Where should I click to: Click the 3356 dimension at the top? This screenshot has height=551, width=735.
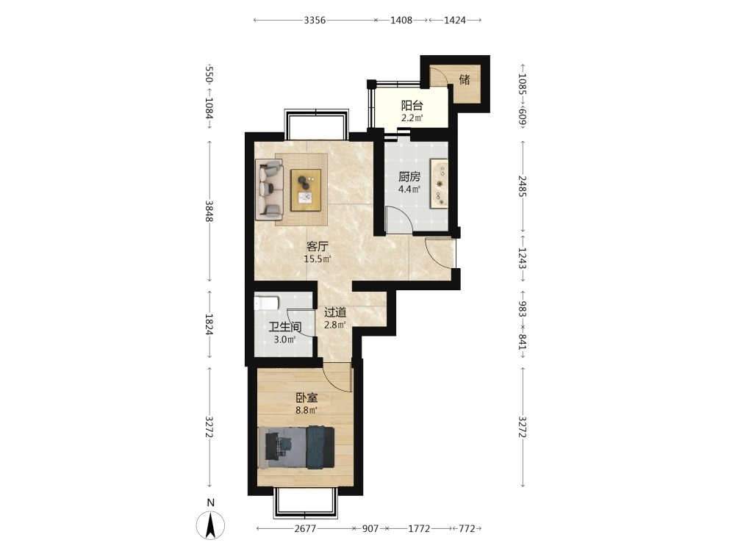(x=315, y=20)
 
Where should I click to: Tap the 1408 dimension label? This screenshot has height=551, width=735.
(x=401, y=20)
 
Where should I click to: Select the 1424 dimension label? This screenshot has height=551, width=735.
(x=455, y=20)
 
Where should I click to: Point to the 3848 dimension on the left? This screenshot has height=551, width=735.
(x=209, y=212)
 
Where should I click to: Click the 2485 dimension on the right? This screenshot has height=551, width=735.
(x=522, y=186)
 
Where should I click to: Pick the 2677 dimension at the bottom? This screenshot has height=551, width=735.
(x=305, y=528)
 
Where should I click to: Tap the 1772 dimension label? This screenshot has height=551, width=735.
(x=419, y=528)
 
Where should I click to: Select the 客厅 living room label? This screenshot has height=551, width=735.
(x=318, y=246)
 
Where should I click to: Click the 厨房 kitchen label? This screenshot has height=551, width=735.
(x=409, y=176)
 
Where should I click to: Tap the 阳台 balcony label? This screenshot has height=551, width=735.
(x=412, y=106)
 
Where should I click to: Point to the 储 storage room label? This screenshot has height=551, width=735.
(x=465, y=79)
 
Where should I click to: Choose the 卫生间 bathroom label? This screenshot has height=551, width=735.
(x=285, y=327)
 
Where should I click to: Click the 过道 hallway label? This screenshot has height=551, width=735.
(x=335, y=312)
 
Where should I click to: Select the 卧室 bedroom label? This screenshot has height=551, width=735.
(x=306, y=398)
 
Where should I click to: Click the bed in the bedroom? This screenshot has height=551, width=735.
(x=296, y=447)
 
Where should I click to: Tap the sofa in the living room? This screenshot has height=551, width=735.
(x=270, y=190)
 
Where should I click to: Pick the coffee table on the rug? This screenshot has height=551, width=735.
(x=306, y=190)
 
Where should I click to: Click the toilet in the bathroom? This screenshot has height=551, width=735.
(x=267, y=303)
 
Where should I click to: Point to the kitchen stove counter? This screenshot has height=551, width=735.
(x=440, y=183)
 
